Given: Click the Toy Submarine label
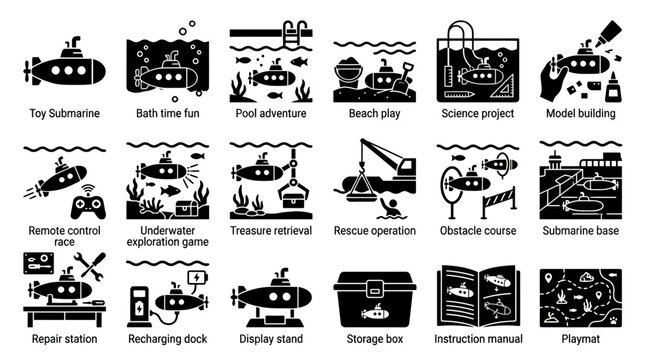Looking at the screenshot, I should [x=66, y=114].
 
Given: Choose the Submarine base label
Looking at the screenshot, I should [x=580, y=230].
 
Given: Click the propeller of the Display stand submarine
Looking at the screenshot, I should [x=237, y=297].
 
